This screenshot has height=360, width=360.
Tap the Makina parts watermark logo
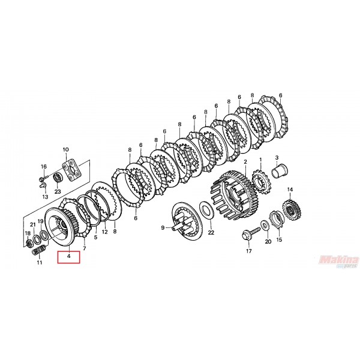tap(339, 262)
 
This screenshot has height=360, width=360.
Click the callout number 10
tap(65, 149)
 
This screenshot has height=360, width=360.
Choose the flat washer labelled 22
tap(206, 211)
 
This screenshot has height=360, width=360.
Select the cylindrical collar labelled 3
tap(280, 172)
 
